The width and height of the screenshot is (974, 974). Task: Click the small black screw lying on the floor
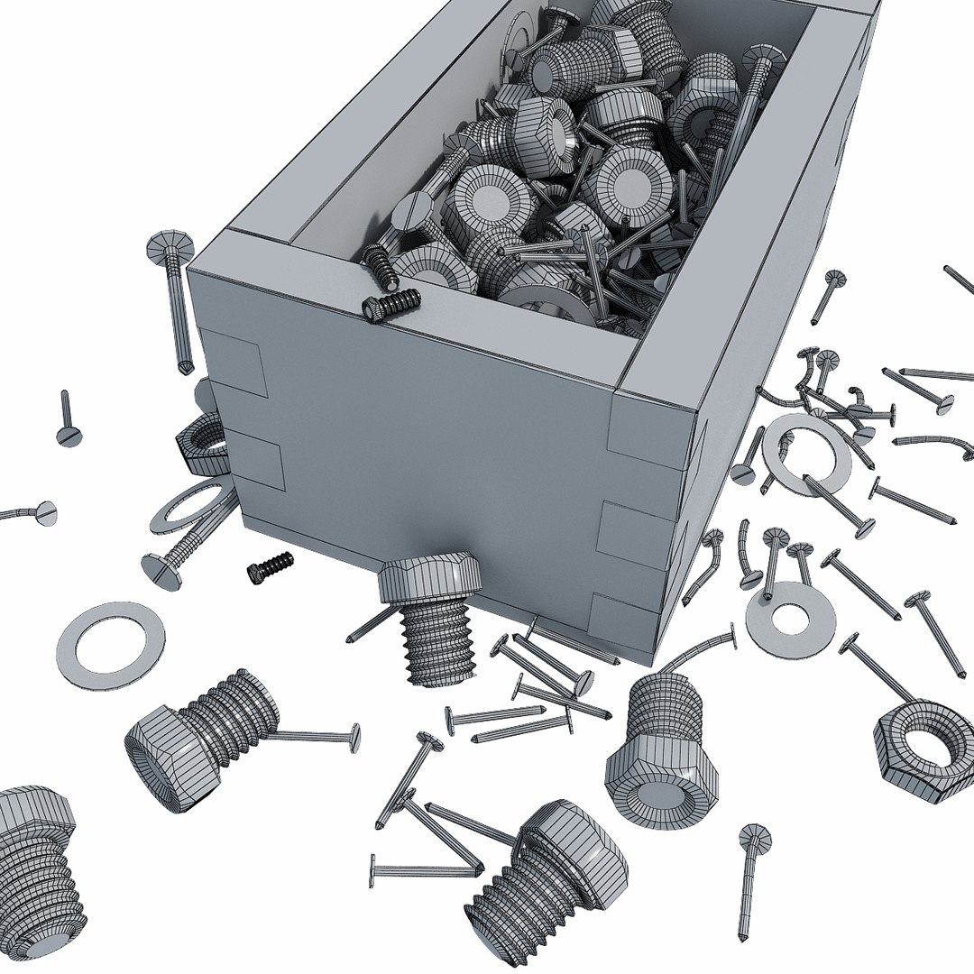click(x=271, y=565)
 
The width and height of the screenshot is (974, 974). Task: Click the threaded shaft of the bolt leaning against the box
click(x=438, y=641)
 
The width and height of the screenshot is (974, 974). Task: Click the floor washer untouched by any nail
click(x=110, y=646)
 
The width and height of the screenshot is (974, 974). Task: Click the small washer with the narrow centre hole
click(x=790, y=619)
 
